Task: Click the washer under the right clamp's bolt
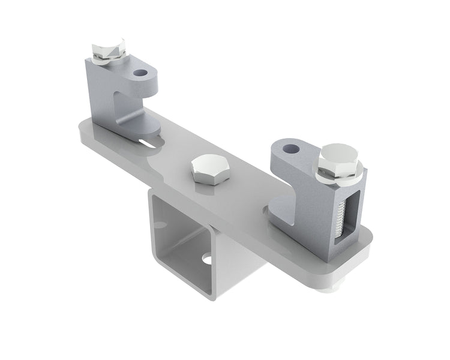(x=340, y=176)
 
